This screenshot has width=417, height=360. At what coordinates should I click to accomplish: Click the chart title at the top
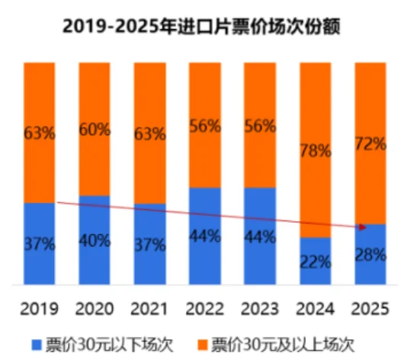click(207, 26)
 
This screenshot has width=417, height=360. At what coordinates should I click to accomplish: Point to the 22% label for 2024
click(315, 262)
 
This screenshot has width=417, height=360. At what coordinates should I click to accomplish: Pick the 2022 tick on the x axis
click(205, 308)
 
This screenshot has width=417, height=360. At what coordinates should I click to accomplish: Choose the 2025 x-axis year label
click(370, 308)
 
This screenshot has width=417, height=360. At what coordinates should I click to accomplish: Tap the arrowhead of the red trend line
click(363, 227)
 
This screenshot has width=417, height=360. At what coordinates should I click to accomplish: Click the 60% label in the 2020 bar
click(95, 129)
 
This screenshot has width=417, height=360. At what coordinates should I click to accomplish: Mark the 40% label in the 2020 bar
click(95, 241)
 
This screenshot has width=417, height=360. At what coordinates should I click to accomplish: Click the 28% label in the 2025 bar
click(370, 255)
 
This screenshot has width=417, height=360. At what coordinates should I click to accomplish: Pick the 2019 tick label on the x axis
click(39, 308)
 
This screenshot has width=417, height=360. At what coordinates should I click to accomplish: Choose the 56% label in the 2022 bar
click(205, 126)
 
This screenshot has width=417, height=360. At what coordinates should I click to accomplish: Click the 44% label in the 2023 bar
click(260, 237)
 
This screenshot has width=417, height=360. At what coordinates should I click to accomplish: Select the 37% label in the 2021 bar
click(149, 245)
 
